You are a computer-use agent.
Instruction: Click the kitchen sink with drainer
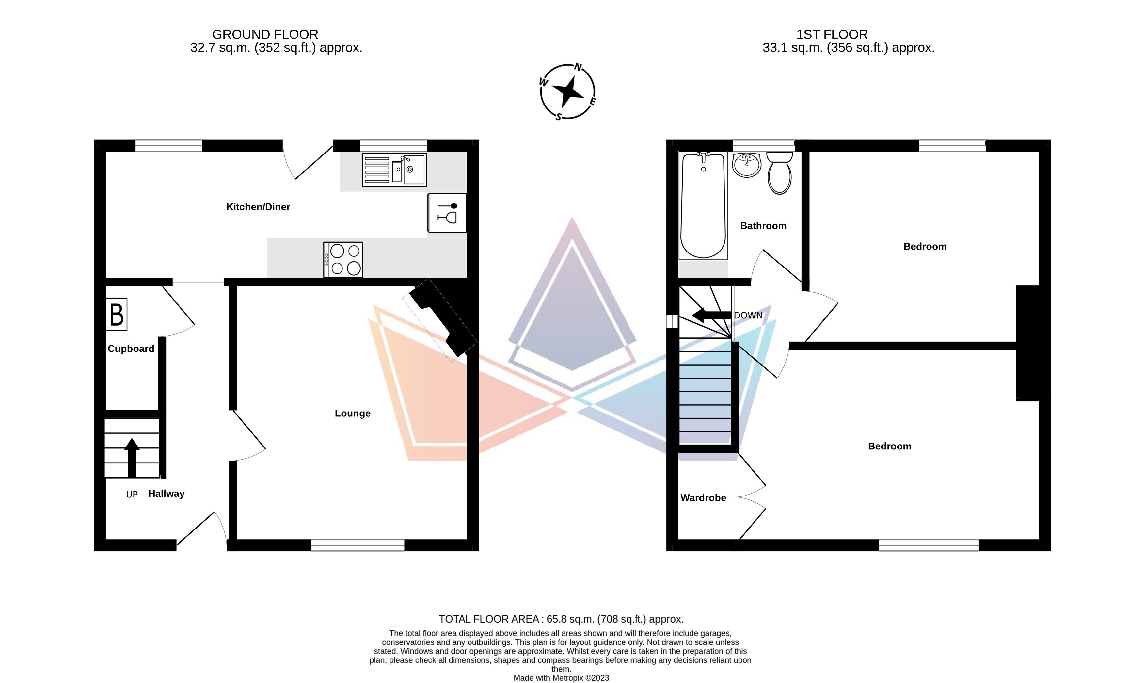pos(394,170)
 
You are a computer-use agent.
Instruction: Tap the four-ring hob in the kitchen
pos(343,260)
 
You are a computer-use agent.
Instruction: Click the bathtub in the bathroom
pos(703,205)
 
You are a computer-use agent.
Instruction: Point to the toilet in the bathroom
pos(779,173)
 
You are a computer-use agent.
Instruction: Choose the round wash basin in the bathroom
pos(747,165)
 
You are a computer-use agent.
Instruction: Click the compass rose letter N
pos(578,68)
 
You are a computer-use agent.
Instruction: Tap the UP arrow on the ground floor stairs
pos(132,458)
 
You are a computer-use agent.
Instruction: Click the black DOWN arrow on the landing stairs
pos(711,315)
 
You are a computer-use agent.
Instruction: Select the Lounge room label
pos(352,413)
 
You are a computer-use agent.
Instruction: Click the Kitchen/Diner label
pos(258,207)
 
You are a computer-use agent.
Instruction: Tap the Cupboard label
pos(131,349)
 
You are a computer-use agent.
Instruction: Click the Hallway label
pos(166,494)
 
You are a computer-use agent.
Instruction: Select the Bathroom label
pos(763,226)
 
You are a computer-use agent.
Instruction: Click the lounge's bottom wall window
pos(358,545)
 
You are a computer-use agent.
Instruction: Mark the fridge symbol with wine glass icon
pos(447,213)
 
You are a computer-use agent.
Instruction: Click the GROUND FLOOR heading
pos(265,35)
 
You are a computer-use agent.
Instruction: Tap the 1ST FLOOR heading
pos(832,35)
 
